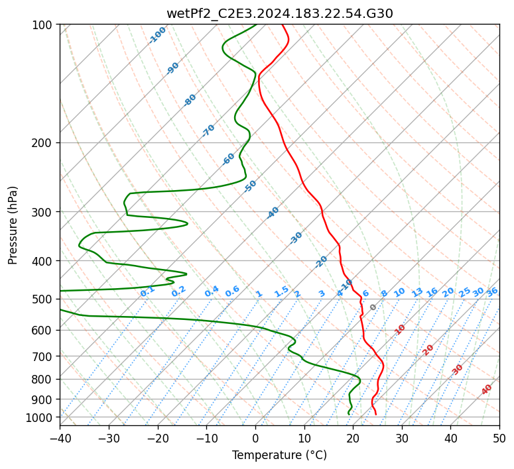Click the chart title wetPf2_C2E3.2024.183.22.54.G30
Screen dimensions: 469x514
tap(279, 13)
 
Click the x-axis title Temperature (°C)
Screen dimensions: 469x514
tap(279, 456)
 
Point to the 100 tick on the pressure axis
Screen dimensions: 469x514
tap(44, 25)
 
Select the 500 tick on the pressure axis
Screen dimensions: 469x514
tap(44, 299)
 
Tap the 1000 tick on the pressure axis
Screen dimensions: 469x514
tap(41, 417)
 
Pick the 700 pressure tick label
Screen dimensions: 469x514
tap(44, 356)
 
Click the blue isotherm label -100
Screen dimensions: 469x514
tap(157, 35)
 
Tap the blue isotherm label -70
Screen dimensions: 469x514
tap(208, 130)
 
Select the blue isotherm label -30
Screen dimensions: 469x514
tap(296, 238)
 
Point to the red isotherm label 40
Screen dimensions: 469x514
tap(487, 390)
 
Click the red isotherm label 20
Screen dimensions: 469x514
tap(428, 349)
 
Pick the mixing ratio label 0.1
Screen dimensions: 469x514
tap(147, 291)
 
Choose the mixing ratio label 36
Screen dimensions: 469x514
tap(492, 291)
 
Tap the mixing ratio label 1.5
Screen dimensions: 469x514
tap(281, 291)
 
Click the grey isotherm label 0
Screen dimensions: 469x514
tap(373, 307)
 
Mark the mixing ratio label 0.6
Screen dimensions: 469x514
tap(232, 291)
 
